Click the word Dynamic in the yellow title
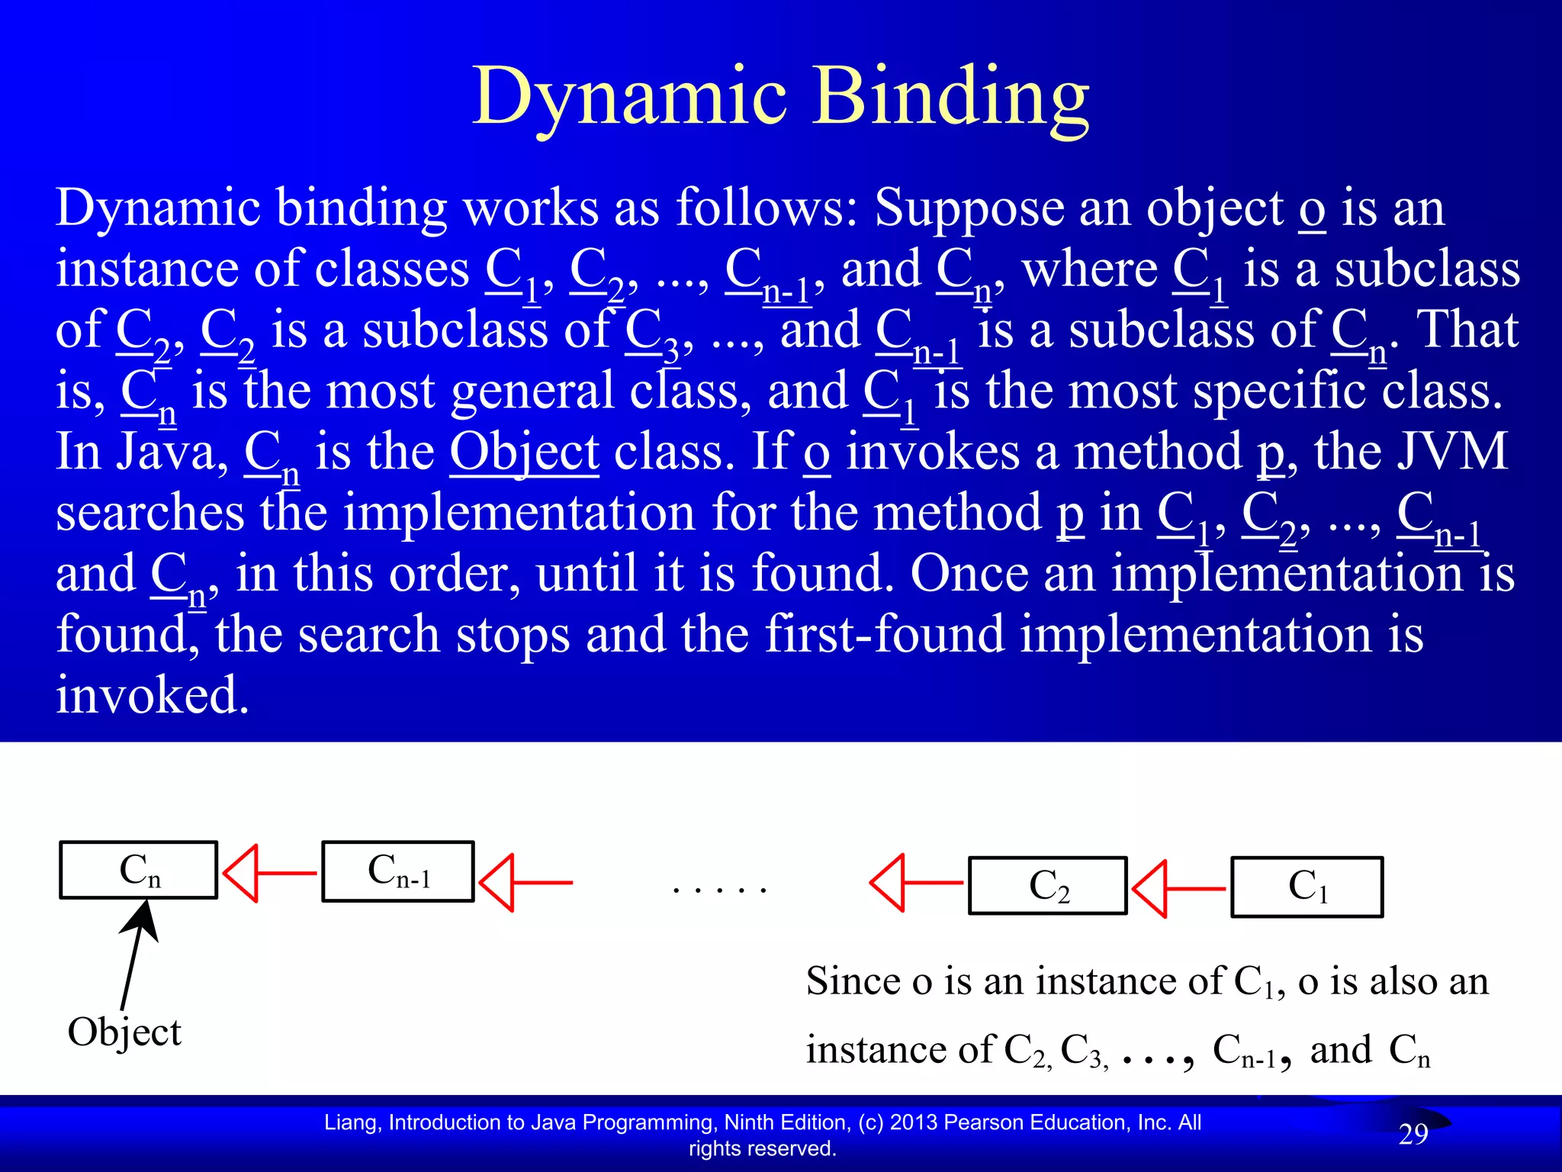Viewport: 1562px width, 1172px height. tap(629, 98)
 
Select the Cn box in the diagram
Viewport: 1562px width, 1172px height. tap(139, 870)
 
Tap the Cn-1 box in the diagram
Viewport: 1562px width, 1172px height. tap(398, 871)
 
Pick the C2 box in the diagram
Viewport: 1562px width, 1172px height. tap(1048, 886)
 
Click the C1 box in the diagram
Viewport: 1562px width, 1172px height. tap(1307, 887)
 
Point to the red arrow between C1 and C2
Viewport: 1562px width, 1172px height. tap(1178, 889)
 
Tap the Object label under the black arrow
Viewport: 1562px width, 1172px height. tap(124, 1033)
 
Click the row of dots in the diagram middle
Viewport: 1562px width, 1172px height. tap(719, 890)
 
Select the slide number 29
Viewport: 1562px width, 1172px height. tap(1413, 1135)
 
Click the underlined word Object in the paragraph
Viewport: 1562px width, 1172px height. tap(524, 452)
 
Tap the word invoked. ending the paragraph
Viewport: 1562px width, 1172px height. tap(153, 695)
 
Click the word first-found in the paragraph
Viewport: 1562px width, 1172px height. tap(883, 634)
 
